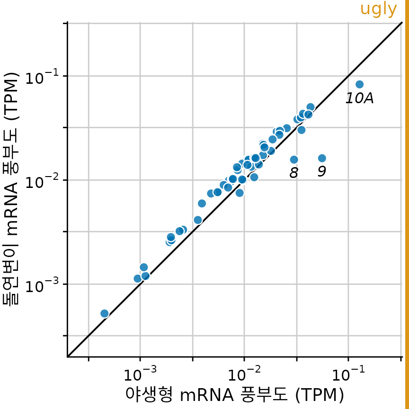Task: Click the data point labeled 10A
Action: point(359,84)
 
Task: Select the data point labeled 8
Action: point(294,160)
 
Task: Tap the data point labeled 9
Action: point(322,158)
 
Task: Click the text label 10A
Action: point(359,98)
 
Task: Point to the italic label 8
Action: point(293,173)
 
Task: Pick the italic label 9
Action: point(321,171)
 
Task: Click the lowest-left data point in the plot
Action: point(105,313)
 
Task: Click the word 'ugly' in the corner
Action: point(378,9)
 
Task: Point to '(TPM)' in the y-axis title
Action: point(11,96)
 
